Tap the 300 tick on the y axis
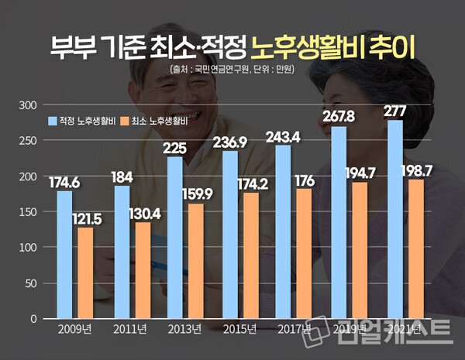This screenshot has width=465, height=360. click(27, 105)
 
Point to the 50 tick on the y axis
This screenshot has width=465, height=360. click(29, 283)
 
